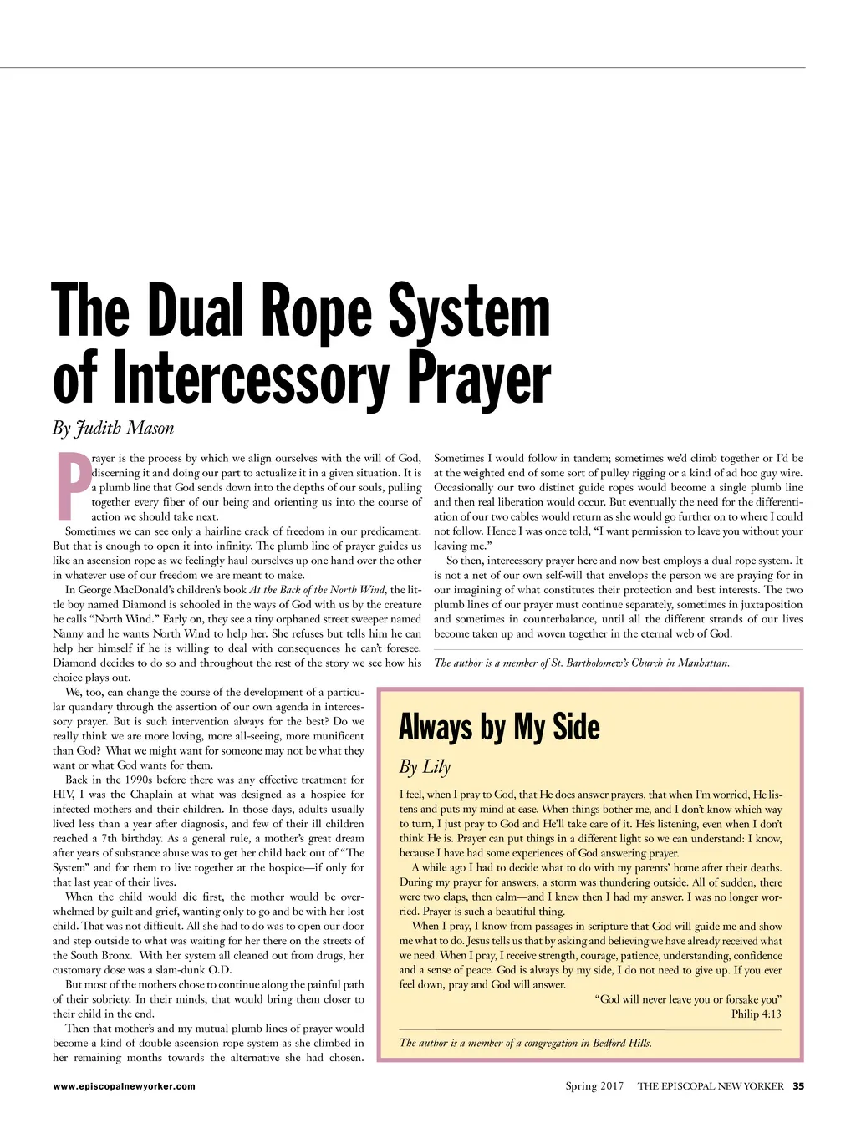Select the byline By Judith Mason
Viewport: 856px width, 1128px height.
[x=113, y=429]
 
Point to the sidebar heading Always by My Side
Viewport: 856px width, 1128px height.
[x=499, y=727]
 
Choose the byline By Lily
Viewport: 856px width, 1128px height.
[x=425, y=767]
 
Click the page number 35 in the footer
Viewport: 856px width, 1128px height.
[x=798, y=1086]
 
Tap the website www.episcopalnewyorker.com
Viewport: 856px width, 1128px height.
[x=124, y=1086]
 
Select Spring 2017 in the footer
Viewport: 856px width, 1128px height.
[x=594, y=1086]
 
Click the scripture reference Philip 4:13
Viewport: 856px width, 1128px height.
[x=757, y=1014]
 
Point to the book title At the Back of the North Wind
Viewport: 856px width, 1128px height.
[x=318, y=590]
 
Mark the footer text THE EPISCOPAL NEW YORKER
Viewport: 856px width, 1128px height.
[x=711, y=1086]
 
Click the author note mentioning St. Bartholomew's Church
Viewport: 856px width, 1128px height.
[x=582, y=663]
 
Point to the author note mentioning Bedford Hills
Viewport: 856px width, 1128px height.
[x=526, y=1043]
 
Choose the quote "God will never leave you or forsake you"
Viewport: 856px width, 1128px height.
[x=688, y=999]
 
